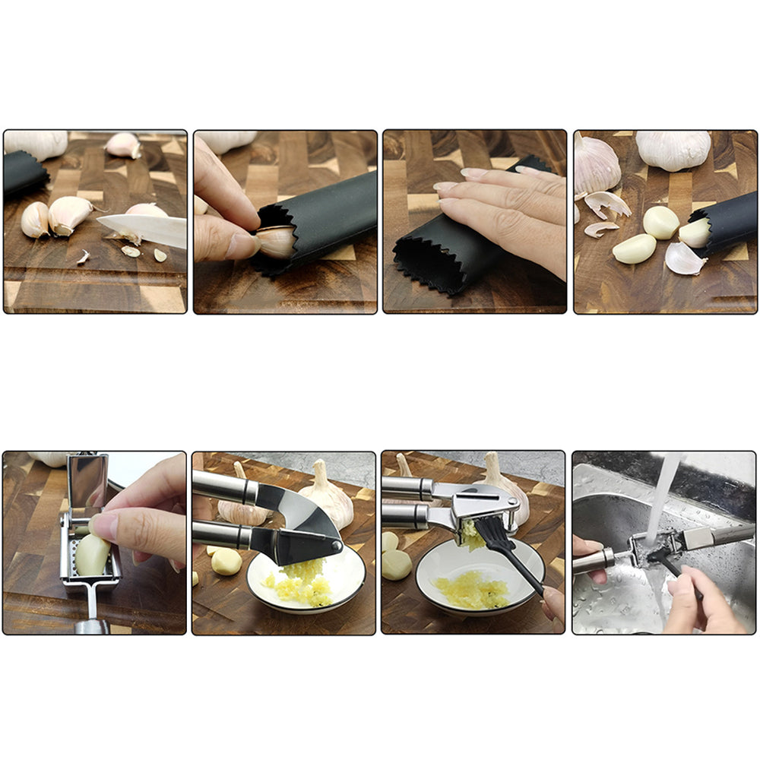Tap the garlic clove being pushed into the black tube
(275, 242)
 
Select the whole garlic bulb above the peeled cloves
(673, 150)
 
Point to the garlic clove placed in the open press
(91, 555)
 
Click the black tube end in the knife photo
(25, 173)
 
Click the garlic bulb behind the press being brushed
(502, 486)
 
